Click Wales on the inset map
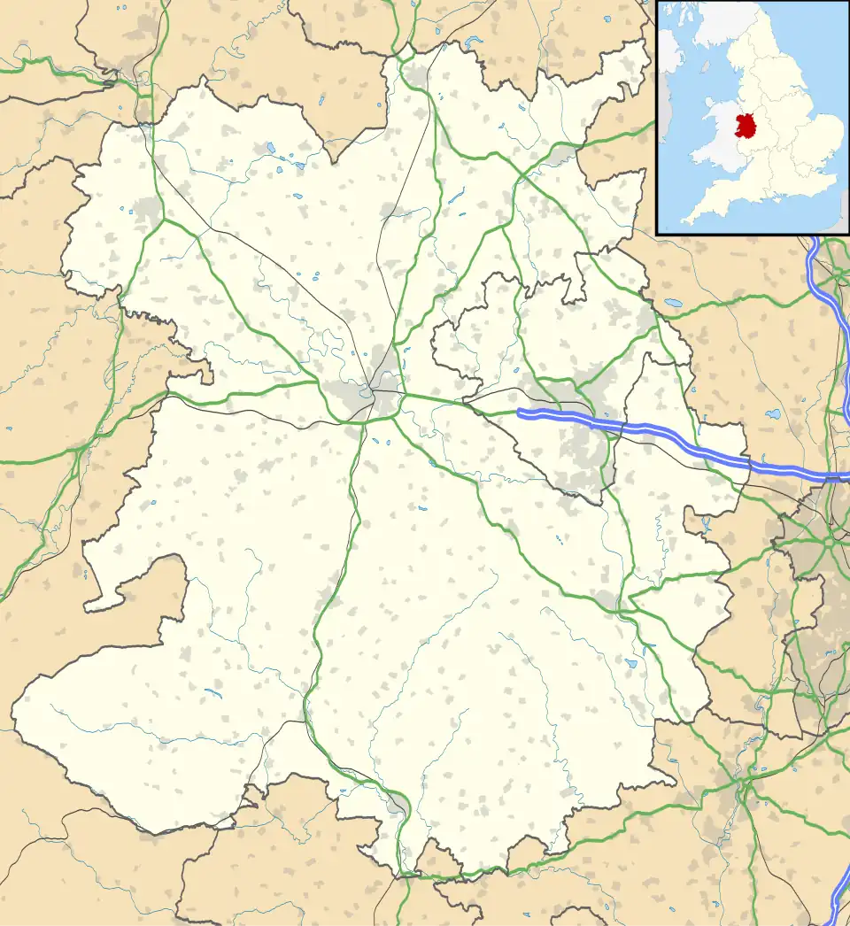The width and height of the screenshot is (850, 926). [717, 142]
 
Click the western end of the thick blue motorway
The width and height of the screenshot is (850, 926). [520, 413]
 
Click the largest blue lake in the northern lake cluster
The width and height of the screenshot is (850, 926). [285, 163]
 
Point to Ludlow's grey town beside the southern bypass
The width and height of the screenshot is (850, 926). [396, 801]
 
